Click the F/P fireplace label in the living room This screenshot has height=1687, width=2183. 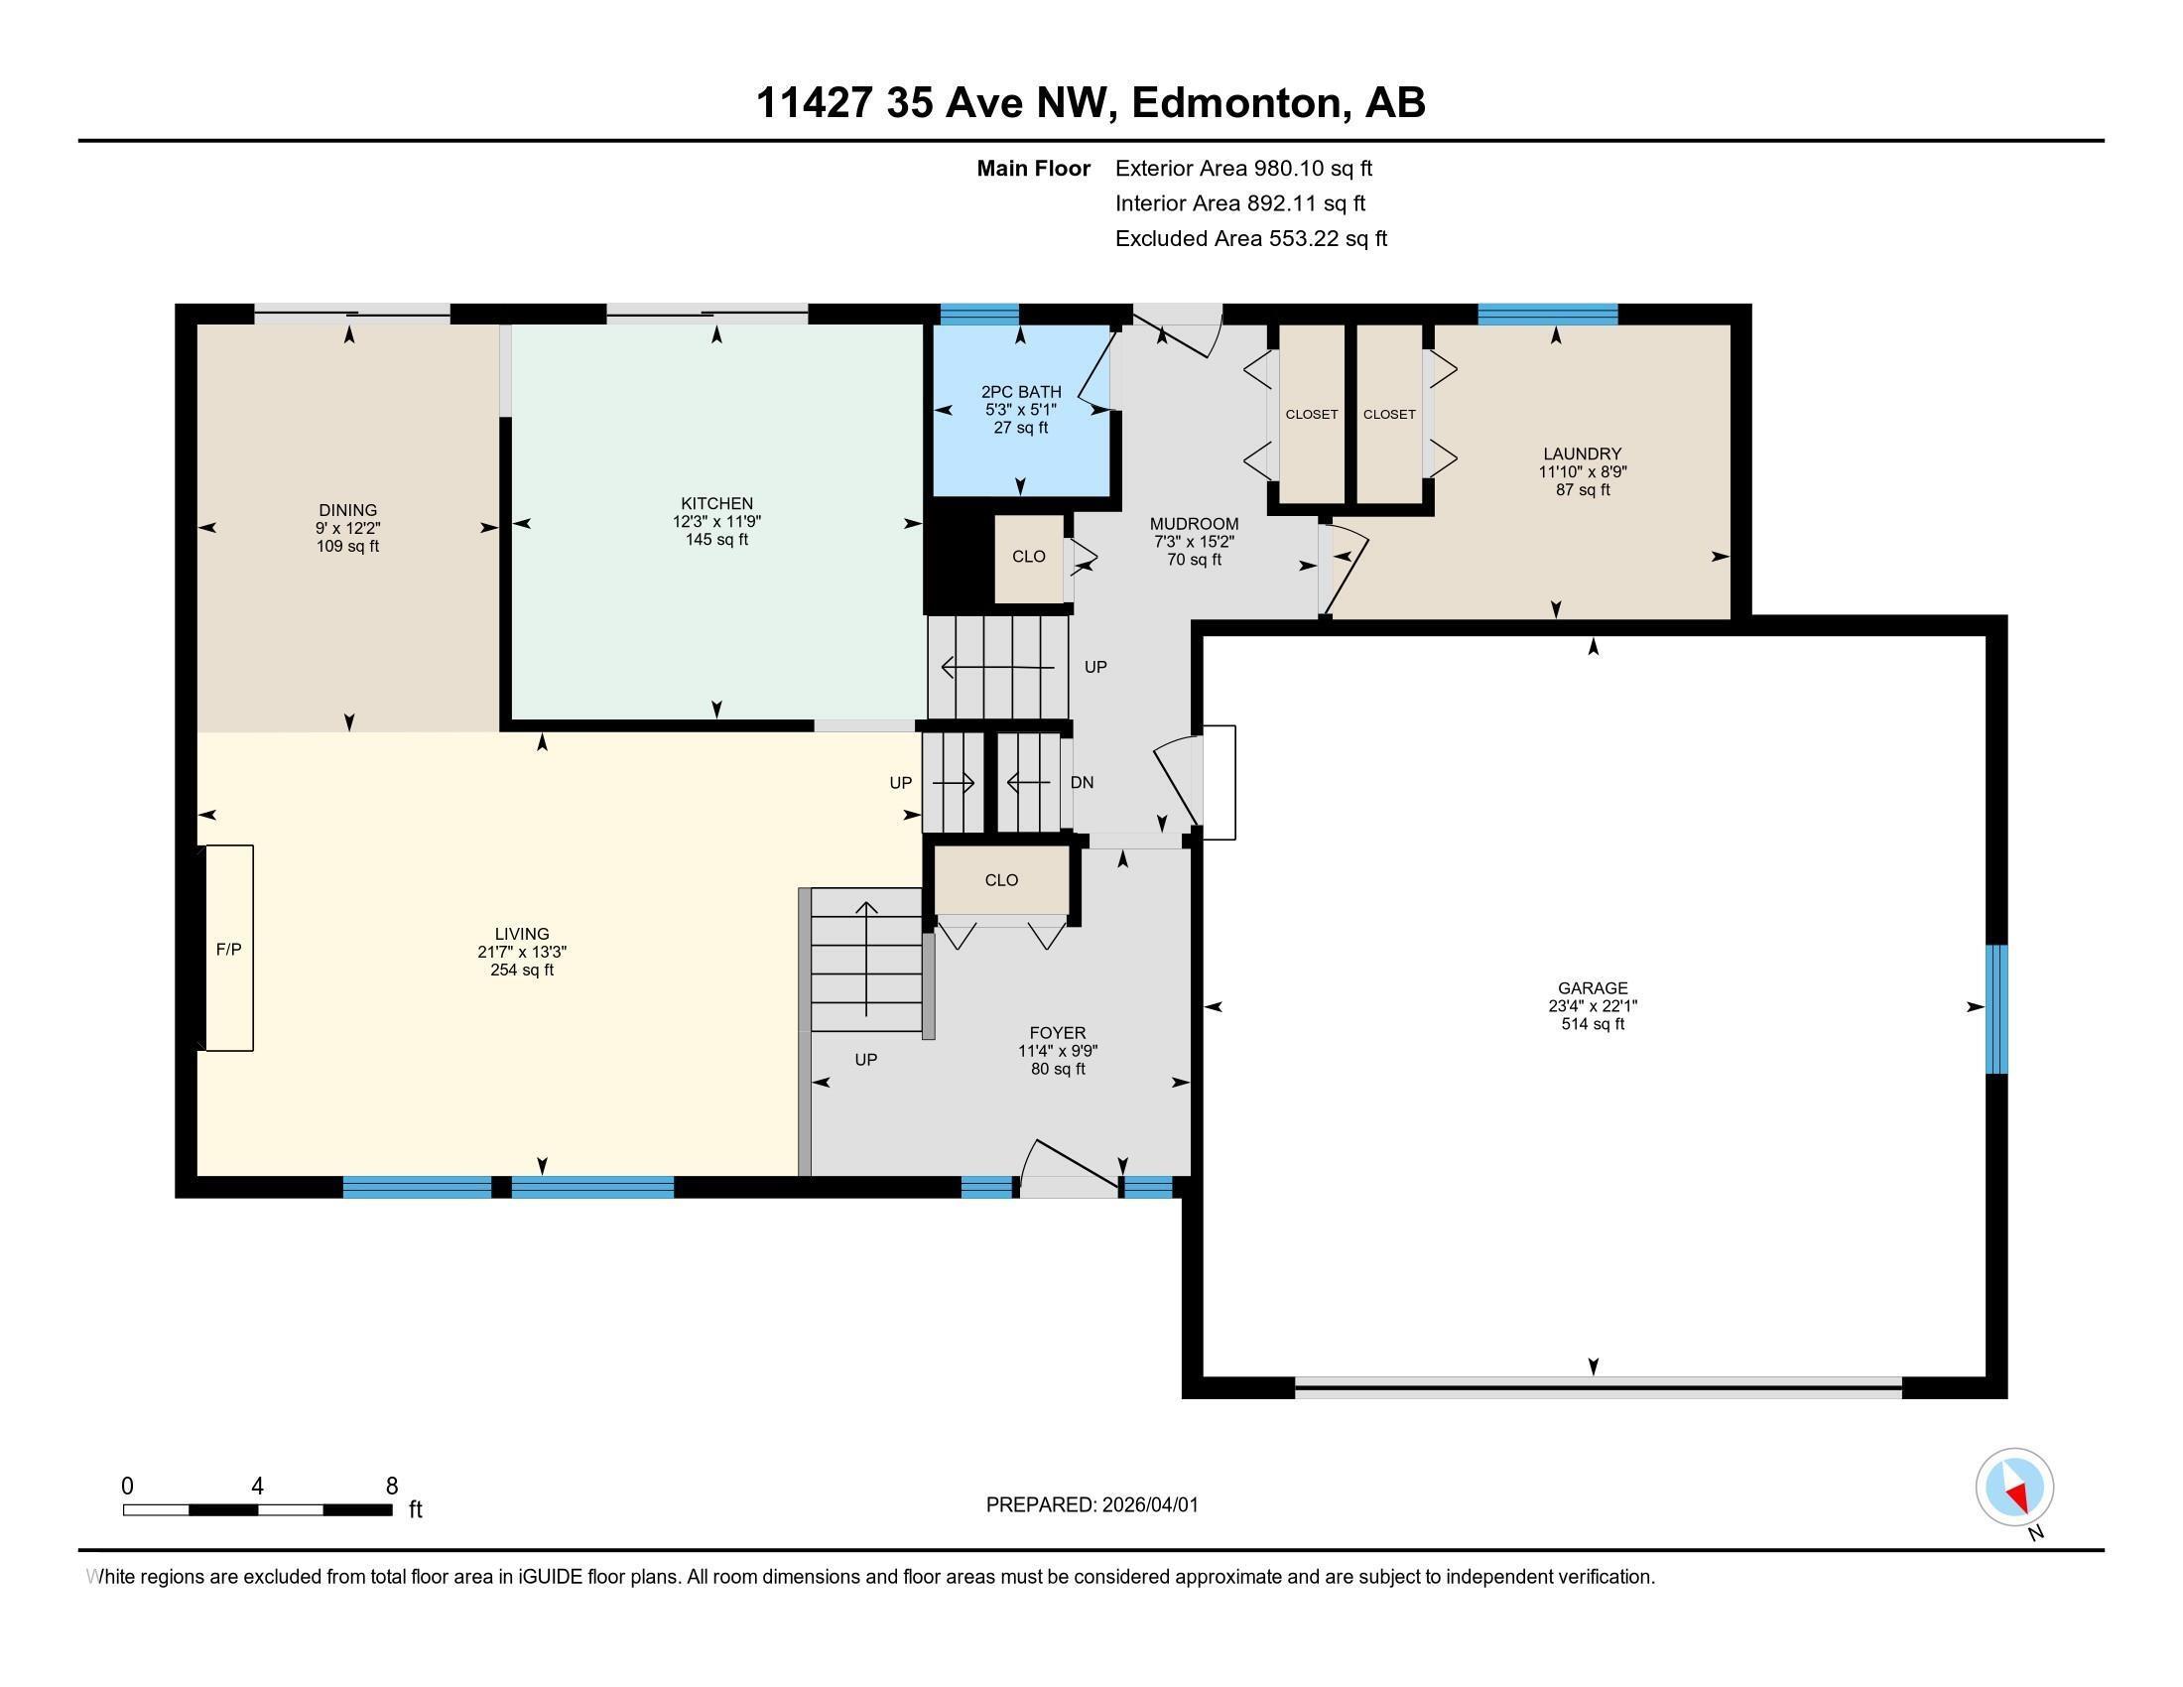(229, 950)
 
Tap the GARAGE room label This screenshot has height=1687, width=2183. (1593, 987)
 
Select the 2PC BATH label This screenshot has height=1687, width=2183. (1020, 392)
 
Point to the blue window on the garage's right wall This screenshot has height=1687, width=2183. (1995, 1008)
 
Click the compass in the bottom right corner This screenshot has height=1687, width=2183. (2014, 1487)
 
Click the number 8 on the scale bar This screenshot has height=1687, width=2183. (392, 1486)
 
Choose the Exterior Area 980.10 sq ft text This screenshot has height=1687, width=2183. (1243, 168)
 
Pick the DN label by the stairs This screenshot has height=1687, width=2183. (1082, 783)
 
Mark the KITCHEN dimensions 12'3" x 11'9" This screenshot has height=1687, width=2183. (716, 522)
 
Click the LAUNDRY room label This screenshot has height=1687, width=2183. (1583, 454)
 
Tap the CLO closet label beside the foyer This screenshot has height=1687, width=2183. (1001, 880)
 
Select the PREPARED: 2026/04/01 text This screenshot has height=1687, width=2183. (1091, 1504)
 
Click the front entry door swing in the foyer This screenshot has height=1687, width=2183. (1070, 1165)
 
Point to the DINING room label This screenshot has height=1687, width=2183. (348, 510)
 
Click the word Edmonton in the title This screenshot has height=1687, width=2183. (1235, 103)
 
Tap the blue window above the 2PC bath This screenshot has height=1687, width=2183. (979, 314)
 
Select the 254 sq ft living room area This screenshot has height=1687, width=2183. (522, 970)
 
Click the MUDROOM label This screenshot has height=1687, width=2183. (1194, 524)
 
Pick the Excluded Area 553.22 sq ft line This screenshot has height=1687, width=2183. (1250, 238)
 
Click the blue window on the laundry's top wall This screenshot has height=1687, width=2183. (1547, 314)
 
